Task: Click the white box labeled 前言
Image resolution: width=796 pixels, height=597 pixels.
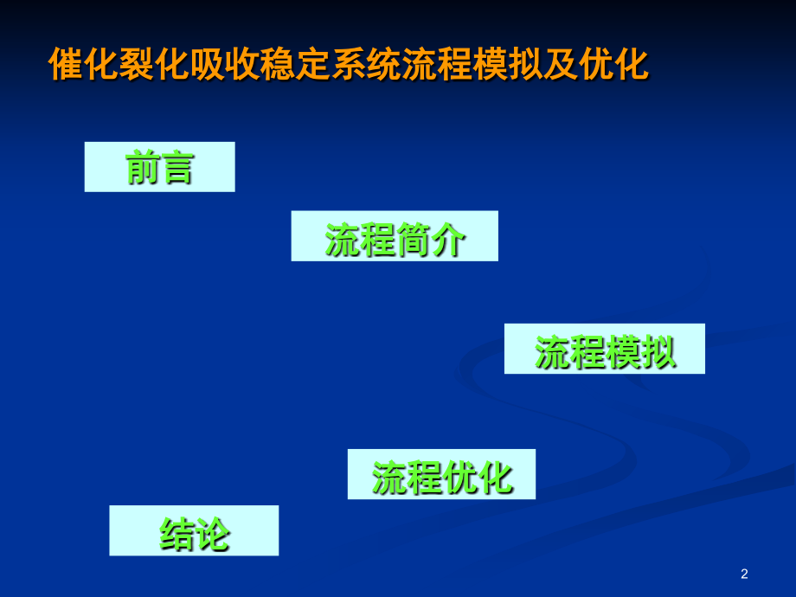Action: (x=159, y=167)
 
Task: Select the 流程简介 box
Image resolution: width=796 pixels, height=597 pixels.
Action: (x=395, y=236)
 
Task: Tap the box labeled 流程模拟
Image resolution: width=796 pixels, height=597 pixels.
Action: (x=604, y=349)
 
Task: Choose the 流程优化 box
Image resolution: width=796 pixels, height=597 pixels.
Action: (x=441, y=474)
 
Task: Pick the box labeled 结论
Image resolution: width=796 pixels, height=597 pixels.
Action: (x=194, y=530)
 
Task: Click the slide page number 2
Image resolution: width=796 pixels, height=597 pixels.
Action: (x=744, y=574)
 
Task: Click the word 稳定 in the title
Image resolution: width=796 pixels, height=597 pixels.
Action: (x=297, y=66)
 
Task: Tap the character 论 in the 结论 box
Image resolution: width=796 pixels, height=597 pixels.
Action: (x=212, y=533)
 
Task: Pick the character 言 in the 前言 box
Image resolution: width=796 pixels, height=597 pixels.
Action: (x=177, y=168)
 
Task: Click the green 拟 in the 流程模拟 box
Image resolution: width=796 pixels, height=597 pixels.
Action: (x=658, y=351)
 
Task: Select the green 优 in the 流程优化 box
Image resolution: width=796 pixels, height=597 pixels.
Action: (x=460, y=477)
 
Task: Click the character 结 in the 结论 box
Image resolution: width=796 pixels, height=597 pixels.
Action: (x=177, y=533)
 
